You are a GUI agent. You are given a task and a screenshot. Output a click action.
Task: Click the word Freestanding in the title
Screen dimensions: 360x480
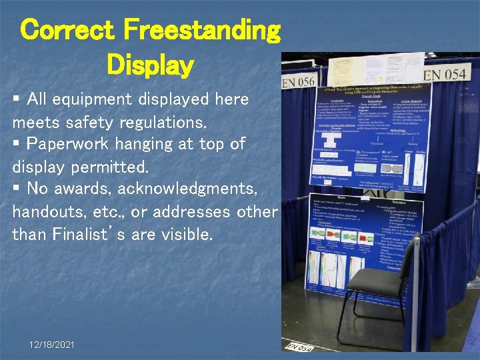(202, 31)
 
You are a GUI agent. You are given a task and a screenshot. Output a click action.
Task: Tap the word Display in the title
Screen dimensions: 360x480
(149, 65)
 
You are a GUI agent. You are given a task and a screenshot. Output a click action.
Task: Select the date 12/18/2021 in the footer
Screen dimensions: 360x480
(52, 345)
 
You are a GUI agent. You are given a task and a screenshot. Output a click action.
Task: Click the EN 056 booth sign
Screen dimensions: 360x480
(298, 82)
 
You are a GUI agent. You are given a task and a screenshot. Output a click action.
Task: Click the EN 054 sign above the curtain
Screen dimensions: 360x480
(445, 73)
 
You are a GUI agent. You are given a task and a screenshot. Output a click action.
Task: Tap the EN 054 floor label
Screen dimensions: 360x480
(300, 347)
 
